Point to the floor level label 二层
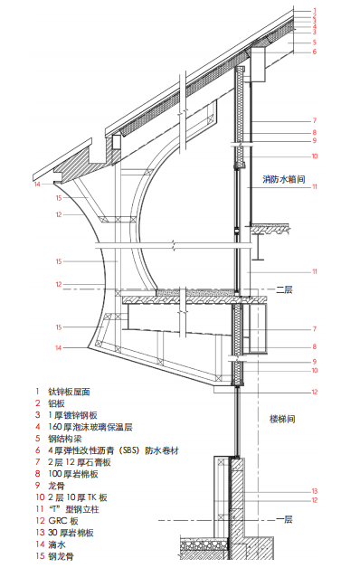284,289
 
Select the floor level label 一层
284,519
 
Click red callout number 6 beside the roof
314,52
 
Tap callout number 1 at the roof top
314,9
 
